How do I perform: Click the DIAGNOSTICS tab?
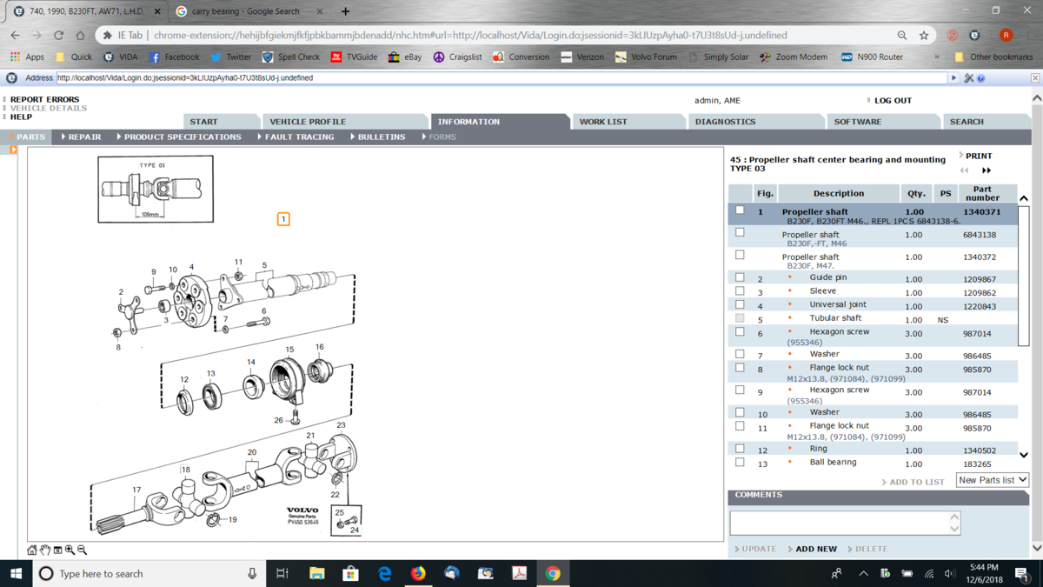click(725, 122)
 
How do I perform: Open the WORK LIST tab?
click(603, 122)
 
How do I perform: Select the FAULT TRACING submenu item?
click(299, 137)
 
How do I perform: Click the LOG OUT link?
click(893, 100)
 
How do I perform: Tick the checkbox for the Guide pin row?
click(740, 277)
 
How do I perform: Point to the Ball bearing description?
click(833, 462)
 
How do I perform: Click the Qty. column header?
click(916, 193)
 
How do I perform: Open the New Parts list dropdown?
click(993, 480)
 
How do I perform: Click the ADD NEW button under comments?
click(816, 549)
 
